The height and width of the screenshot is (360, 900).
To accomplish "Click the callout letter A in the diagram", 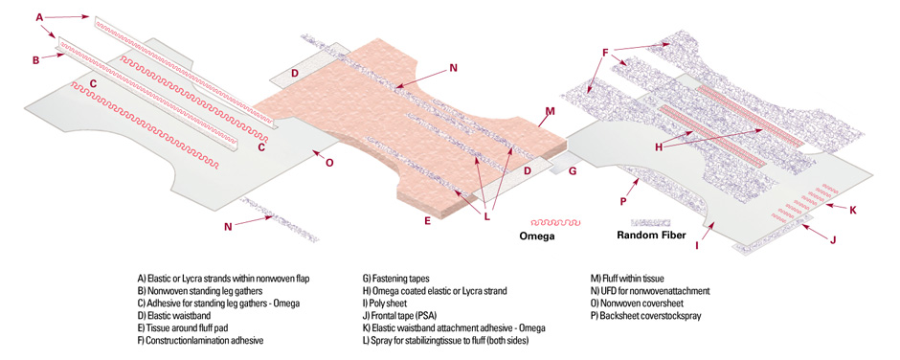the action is [x=39, y=18].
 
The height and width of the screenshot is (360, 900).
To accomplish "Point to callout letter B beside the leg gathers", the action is [x=36, y=59].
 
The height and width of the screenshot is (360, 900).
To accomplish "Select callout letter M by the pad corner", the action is [x=551, y=111].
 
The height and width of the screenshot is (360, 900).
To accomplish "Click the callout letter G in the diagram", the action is [x=573, y=170].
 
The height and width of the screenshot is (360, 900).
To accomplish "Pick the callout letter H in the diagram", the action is [x=660, y=147].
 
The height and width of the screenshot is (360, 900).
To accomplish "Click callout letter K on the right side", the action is [x=853, y=210].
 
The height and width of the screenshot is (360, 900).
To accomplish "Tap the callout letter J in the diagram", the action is [x=833, y=239].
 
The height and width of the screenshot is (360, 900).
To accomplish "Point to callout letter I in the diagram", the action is [x=697, y=246].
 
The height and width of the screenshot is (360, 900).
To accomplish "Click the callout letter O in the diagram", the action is [x=329, y=163].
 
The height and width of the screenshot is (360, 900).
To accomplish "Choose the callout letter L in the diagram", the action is [x=487, y=217].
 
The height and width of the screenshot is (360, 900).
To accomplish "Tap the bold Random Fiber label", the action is [x=651, y=235].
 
